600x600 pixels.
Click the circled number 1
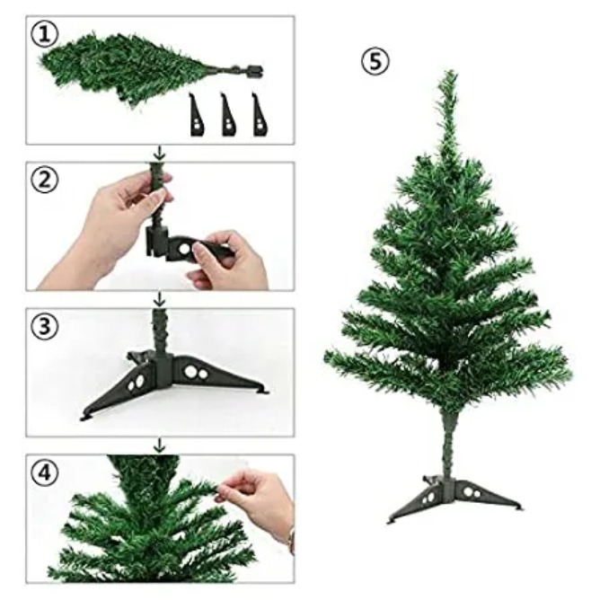[44, 34]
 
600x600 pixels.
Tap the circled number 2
[44, 180]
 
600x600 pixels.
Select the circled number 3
[44, 326]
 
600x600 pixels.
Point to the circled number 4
[44, 472]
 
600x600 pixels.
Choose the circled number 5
[375, 62]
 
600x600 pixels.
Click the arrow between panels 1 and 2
[161, 153]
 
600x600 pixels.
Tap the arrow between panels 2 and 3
[161, 300]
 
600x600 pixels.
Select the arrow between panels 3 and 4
[161, 446]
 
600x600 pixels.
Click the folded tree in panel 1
[149, 70]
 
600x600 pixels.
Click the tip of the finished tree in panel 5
[451, 71]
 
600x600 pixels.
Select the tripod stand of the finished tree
[454, 499]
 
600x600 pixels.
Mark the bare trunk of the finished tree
[448, 444]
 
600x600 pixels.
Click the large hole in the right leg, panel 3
[190, 370]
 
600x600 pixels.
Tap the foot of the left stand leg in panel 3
[86, 418]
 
